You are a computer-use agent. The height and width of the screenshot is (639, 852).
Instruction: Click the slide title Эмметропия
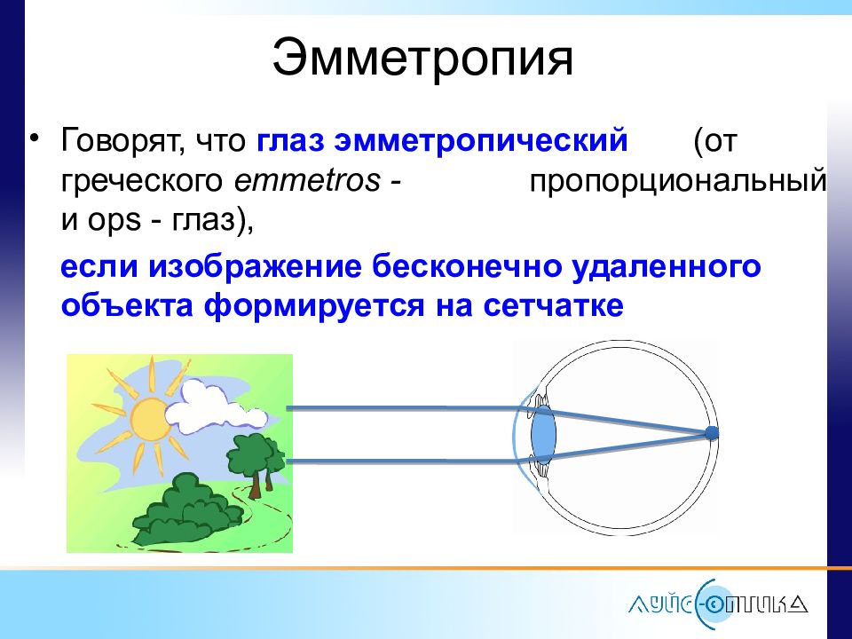pos(422,59)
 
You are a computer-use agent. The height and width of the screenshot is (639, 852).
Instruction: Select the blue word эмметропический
pos(481,141)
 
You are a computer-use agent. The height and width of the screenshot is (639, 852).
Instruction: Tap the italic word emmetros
pos(307,180)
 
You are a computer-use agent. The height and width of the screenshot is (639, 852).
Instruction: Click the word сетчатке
pos(553,306)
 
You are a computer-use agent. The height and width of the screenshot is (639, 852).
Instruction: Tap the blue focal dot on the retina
pos(712,433)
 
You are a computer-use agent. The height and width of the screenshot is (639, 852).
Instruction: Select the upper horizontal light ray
pos(407,408)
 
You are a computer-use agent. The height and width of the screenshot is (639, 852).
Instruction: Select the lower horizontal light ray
pos(407,461)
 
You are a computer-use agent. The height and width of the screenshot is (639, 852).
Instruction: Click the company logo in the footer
pos(717,604)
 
